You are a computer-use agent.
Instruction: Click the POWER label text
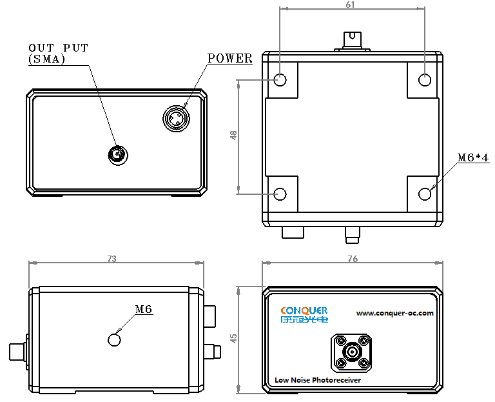(230, 58)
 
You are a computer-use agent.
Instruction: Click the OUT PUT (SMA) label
(58, 53)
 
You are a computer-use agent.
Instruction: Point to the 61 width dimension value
(351, 5)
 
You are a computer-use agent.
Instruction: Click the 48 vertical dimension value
(233, 136)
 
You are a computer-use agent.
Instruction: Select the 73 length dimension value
(112, 259)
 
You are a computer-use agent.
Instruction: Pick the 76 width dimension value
(353, 259)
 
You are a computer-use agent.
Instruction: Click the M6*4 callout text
(473, 157)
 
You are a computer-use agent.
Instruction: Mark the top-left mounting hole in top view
(280, 80)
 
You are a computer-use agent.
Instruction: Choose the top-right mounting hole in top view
(425, 80)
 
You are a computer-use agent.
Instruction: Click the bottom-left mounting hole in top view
(280, 194)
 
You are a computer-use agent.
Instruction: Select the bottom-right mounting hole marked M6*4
(425, 194)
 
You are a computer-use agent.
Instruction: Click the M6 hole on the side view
(115, 339)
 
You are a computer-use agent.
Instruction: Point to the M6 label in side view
(143, 310)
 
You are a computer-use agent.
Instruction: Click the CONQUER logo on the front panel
(304, 314)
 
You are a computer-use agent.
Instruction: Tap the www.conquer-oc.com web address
(395, 314)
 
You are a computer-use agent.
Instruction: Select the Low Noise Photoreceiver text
(318, 380)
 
